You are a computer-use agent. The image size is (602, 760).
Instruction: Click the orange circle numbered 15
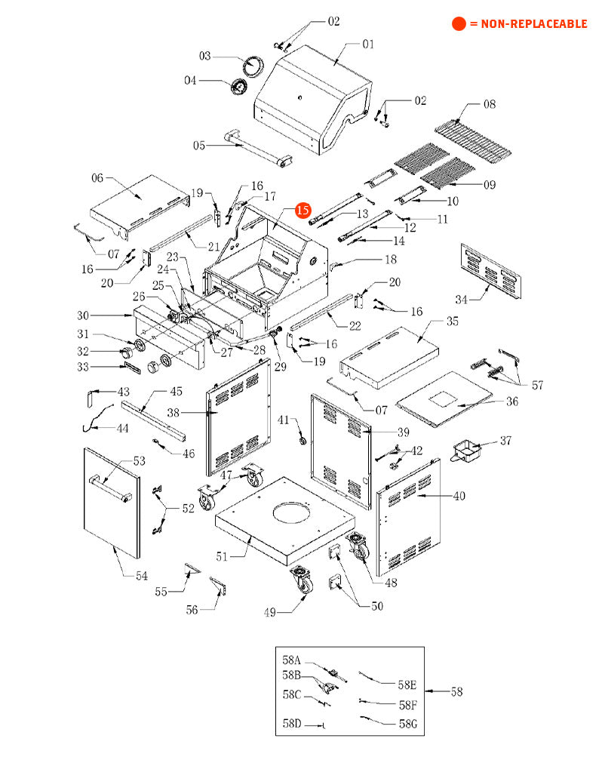[303, 211]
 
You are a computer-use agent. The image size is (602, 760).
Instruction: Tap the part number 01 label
[367, 44]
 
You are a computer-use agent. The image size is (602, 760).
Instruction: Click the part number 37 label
[505, 440]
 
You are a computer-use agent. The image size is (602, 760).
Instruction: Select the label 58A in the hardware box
[292, 660]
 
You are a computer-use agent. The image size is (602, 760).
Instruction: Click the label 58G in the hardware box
[407, 725]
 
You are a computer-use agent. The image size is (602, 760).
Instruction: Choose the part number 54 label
[142, 577]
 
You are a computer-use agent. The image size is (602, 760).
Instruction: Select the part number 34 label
[462, 299]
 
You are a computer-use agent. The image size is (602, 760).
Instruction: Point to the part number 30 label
[83, 315]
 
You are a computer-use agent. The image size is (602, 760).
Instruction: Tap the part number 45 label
[175, 391]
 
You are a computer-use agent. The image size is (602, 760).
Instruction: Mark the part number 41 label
[284, 420]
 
